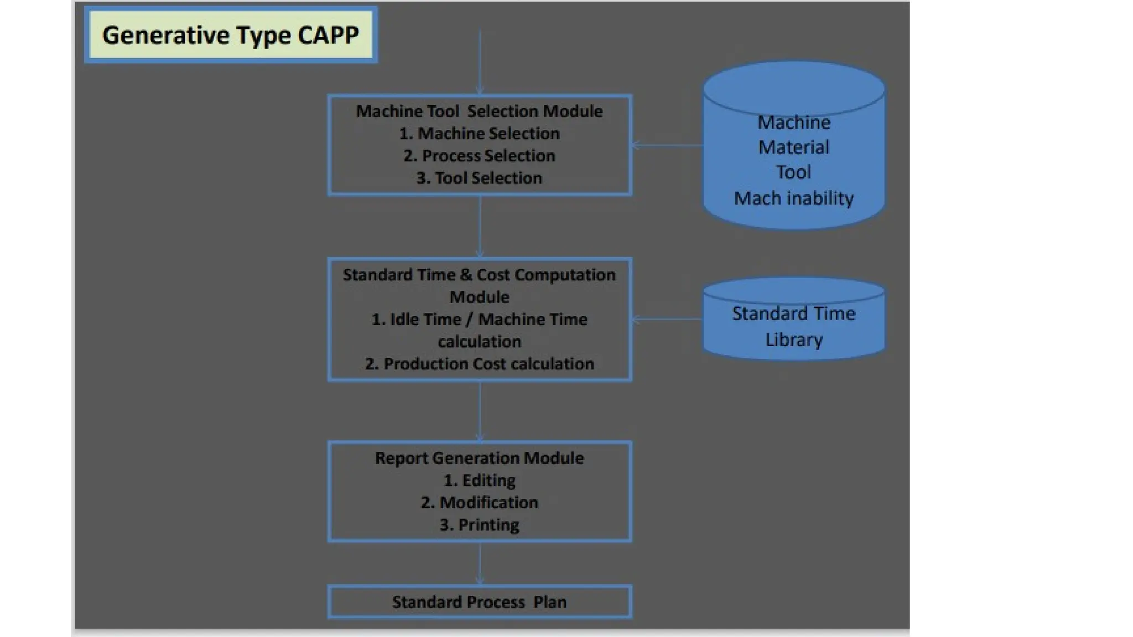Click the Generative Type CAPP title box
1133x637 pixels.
tap(231, 35)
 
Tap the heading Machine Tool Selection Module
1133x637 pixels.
tap(479, 111)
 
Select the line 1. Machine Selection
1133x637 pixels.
tap(479, 134)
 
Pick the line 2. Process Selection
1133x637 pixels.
tap(479, 156)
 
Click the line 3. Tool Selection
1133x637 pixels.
tap(479, 178)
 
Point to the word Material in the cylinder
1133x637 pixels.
tap(793, 148)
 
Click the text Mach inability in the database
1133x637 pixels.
tap(793, 199)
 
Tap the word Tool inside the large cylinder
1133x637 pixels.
tap(793, 173)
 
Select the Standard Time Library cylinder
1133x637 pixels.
tap(793, 326)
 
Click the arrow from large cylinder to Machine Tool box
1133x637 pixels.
tap(667, 146)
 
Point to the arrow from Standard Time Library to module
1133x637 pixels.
tap(667, 319)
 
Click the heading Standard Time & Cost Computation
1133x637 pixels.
tap(479, 275)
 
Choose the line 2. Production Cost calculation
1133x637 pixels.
tap(479, 364)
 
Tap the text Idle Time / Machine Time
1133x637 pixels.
tap(479, 320)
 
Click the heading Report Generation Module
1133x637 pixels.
tap(479, 458)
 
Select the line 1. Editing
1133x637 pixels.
tap(479, 481)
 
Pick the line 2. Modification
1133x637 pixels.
tap(479, 503)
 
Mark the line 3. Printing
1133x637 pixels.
tap(479, 525)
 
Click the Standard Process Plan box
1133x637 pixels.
tap(479, 602)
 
